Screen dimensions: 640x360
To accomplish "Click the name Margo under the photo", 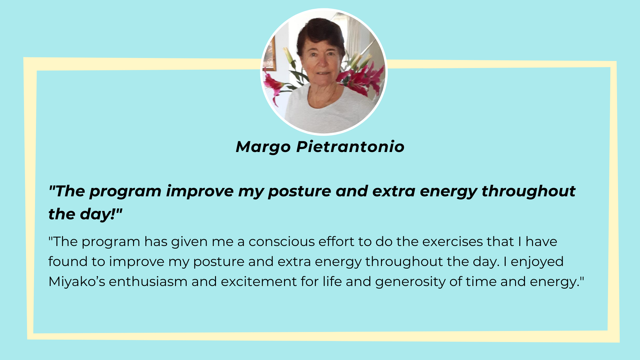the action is (x=263, y=147).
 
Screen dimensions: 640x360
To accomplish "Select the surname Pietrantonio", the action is (x=350, y=147).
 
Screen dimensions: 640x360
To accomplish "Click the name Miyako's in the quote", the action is (x=77, y=282).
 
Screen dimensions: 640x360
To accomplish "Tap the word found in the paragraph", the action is (x=68, y=262).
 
